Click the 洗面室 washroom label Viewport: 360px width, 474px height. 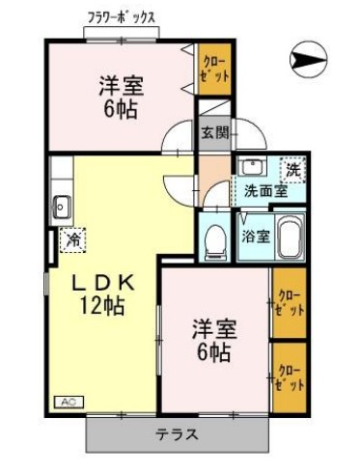[x=263, y=190]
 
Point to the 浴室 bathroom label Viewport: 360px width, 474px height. [x=255, y=236]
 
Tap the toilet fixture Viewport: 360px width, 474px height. [x=213, y=238]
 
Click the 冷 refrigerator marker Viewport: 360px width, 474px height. [x=72, y=239]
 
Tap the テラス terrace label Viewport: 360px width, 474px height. [x=177, y=434]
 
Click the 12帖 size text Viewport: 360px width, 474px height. [x=99, y=309]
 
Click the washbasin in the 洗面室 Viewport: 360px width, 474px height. [x=249, y=166]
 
